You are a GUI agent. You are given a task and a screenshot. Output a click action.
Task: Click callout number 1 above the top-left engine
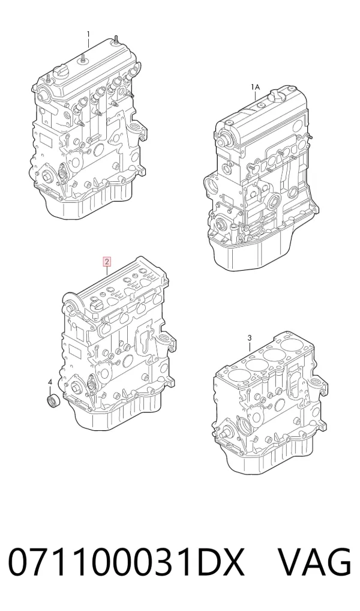click(88, 34)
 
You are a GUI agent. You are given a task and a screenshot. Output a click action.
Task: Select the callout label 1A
click(255, 86)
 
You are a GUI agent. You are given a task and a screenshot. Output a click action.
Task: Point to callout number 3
click(250, 337)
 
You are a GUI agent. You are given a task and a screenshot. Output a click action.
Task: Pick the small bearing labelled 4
click(51, 401)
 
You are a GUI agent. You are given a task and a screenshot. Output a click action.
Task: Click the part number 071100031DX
click(127, 562)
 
